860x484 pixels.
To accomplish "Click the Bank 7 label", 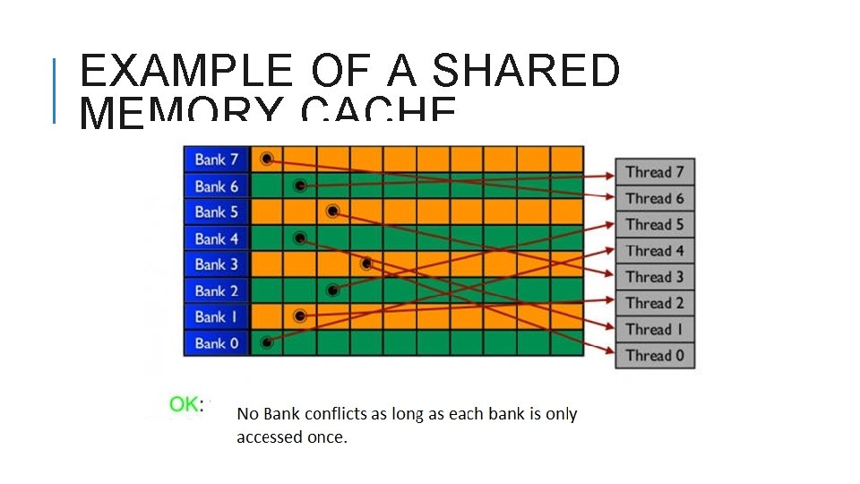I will (x=217, y=160).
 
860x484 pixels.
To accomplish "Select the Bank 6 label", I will (x=217, y=186).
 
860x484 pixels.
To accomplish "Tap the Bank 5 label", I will (x=217, y=212).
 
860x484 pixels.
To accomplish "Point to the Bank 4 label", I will (x=217, y=239).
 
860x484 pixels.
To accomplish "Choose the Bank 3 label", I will (x=217, y=264).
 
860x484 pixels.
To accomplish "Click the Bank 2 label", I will (x=217, y=291).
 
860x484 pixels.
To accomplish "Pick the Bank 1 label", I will (x=217, y=317).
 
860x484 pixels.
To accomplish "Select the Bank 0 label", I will (x=217, y=343).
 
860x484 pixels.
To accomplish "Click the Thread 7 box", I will (x=655, y=172).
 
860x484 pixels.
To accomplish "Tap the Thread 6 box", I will (x=655, y=198).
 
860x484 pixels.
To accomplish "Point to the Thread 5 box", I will (x=655, y=224).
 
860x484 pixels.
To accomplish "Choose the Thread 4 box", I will (x=655, y=251).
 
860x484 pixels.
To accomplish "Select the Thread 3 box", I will (x=655, y=277).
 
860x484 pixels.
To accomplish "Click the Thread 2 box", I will (x=655, y=303).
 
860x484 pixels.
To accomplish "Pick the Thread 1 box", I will (x=655, y=329).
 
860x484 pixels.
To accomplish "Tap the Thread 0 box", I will (x=655, y=355).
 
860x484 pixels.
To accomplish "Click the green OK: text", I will (x=185, y=404).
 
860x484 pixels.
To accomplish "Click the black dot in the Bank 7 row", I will (x=267, y=160).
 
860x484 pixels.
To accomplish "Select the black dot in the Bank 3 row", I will (x=366, y=264).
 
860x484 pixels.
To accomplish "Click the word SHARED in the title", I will (x=528, y=72).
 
